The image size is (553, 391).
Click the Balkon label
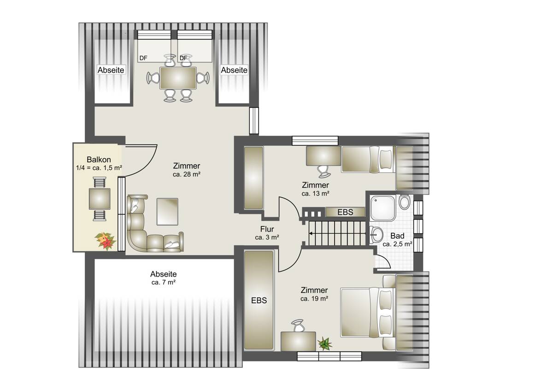pyautogui.click(x=99, y=160)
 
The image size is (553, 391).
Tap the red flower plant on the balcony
pyautogui.click(x=105, y=241)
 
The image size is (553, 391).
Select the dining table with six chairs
pyautogui.click(x=178, y=78)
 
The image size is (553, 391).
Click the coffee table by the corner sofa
pyautogui.click(x=167, y=212)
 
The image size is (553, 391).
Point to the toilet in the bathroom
pyautogui.click(x=405, y=202)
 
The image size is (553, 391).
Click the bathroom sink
pyautogui.click(x=377, y=235)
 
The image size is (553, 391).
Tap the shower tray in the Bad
pyautogui.click(x=383, y=207)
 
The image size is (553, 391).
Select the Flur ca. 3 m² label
pyautogui.click(x=267, y=233)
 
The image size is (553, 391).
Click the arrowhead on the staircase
pyautogui.click(x=311, y=233)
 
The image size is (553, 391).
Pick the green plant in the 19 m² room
pyautogui.click(x=325, y=344)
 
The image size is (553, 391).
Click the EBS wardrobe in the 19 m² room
pyautogui.click(x=259, y=300)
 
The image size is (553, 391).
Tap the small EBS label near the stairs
pyautogui.click(x=345, y=212)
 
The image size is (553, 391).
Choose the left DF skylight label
pyautogui.click(x=143, y=58)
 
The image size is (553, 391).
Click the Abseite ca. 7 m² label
pyautogui.click(x=164, y=278)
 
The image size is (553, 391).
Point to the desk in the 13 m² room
pyautogui.click(x=324, y=156)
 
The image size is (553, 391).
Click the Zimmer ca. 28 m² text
pyautogui.click(x=186, y=170)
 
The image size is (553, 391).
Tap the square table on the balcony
pyautogui.click(x=100, y=199)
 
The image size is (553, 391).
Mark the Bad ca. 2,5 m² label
pyautogui.click(x=397, y=240)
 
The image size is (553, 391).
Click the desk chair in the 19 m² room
pyautogui.click(x=298, y=326)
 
